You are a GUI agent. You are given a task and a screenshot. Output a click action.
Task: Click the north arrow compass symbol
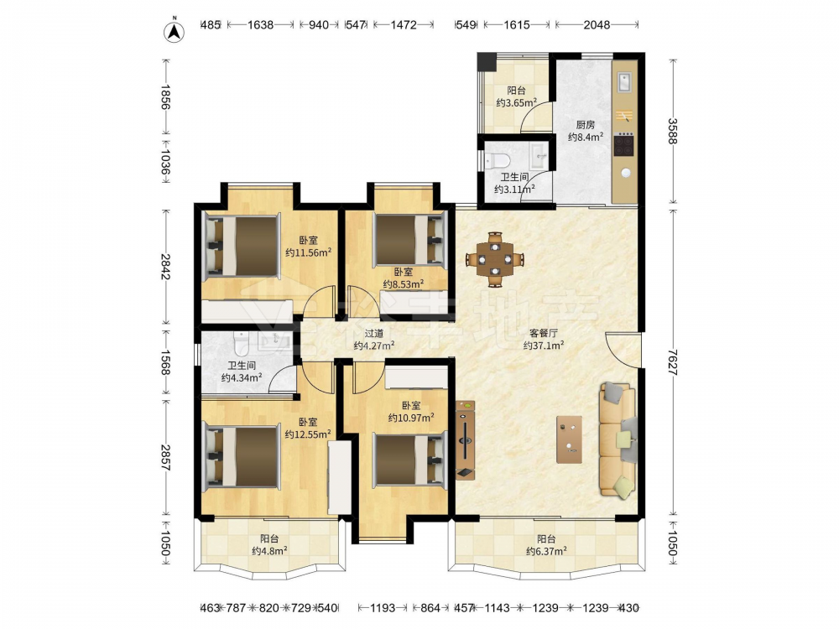pyautogui.click(x=174, y=32)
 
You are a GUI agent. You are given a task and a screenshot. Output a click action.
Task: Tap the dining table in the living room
pyautogui.click(x=495, y=259)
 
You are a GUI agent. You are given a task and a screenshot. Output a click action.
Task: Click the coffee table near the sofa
pyautogui.click(x=570, y=439)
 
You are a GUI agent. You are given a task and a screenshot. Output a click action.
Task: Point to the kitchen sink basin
pyautogui.click(x=624, y=83)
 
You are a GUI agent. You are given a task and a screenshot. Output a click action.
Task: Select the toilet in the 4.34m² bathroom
pyautogui.click(x=242, y=344)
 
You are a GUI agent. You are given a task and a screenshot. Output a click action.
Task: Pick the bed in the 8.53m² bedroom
pyautogui.click(x=410, y=240)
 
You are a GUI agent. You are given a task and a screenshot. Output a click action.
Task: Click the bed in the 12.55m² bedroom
pyautogui.click(x=242, y=455)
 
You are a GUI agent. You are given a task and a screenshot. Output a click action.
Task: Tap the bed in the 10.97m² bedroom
pyautogui.click(x=410, y=460)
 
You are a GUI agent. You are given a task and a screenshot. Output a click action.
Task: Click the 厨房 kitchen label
pyautogui.click(x=586, y=125)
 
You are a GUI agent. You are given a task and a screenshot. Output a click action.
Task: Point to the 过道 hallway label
pyautogui.click(x=374, y=334)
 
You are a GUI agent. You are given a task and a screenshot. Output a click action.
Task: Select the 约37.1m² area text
pyautogui.click(x=544, y=346)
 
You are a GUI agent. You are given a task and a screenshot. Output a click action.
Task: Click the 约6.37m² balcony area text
pyautogui.click(x=546, y=551)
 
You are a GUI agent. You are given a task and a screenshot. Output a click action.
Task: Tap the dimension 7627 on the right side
pyautogui.click(x=673, y=361)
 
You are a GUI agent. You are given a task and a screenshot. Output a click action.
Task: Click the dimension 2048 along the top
pyautogui.click(x=597, y=24)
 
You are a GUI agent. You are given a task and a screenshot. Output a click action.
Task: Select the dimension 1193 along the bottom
pyautogui.click(x=383, y=607)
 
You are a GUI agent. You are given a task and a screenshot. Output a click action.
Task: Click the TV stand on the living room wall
pyautogui.click(x=465, y=439)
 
